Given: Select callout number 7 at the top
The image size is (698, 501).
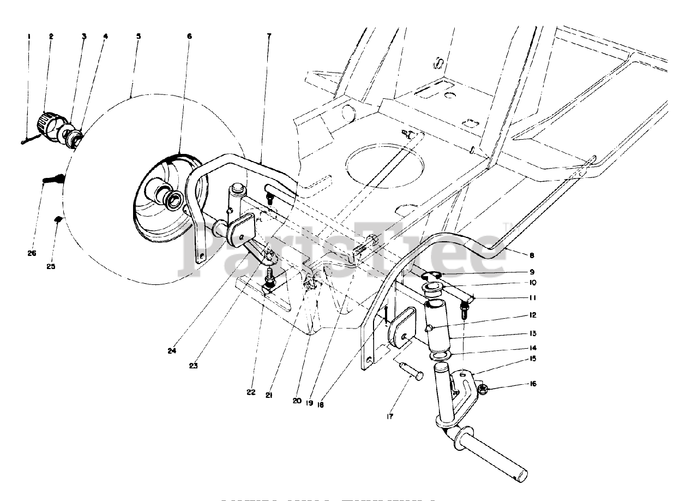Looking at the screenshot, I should [269, 36].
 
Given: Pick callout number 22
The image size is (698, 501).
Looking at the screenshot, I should [251, 392].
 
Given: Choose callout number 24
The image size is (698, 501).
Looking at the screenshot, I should [172, 351].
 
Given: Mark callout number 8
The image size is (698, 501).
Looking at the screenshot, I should [532, 255].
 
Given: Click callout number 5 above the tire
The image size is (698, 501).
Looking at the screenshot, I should [139, 36].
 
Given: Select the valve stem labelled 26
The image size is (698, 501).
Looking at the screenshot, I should [54, 178].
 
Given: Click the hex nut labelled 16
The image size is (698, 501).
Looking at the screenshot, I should [482, 389].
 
